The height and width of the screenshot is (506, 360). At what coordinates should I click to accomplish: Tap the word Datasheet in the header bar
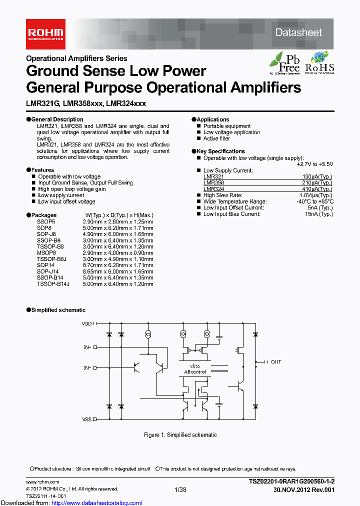(298, 32)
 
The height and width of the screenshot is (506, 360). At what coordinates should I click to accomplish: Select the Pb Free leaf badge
(285, 63)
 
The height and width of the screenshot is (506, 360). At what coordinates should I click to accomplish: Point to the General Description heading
(57, 119)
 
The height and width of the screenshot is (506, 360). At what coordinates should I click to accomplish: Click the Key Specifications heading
(220, 151)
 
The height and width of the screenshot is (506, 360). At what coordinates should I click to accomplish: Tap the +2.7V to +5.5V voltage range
(314, 164)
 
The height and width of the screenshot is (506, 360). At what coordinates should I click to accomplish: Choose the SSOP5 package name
(46, 221)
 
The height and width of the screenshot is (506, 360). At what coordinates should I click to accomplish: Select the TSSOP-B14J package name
(53, 284)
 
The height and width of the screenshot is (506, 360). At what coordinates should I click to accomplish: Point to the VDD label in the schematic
(87, 324)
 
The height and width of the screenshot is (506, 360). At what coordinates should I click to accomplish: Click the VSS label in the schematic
(87, 405)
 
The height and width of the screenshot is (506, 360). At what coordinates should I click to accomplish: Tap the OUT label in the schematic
(276, 361)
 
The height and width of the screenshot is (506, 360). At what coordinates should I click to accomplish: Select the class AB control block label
(195, 369)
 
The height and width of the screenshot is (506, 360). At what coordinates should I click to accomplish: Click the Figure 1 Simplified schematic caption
(180, 435)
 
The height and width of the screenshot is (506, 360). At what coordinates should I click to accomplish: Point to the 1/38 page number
(180, 489)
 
